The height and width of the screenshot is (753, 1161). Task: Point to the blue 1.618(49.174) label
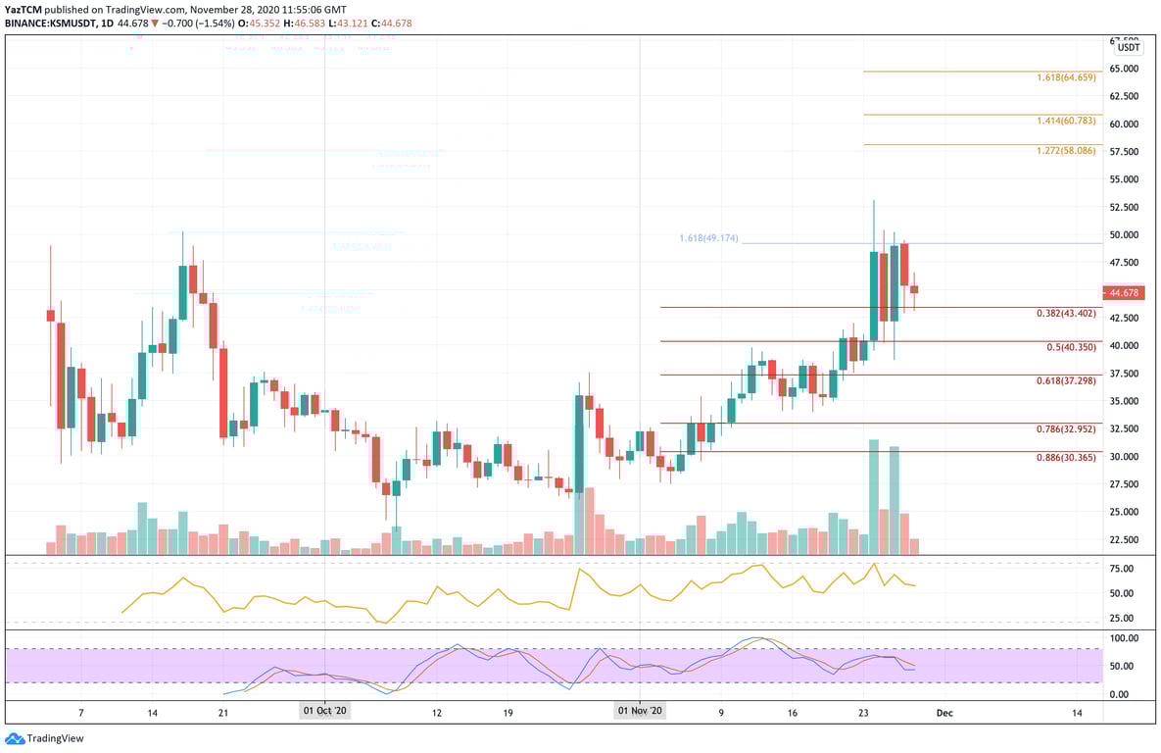click(709, 238)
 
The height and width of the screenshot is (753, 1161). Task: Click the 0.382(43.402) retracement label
click(1068, 314)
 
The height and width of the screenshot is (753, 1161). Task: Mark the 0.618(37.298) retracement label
click(1068, 380)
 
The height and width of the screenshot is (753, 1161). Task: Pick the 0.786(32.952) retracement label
click(1068, 428)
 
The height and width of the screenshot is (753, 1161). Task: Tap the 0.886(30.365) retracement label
click(1068, 457)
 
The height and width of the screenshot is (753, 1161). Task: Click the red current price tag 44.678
click(1124, 292)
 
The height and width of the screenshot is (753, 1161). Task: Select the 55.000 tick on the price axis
click(1124, 179)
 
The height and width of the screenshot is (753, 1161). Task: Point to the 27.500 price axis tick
click(1124, 484)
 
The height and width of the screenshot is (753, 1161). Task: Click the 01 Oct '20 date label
click(324, 711)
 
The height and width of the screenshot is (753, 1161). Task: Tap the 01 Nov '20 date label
click(641, 711)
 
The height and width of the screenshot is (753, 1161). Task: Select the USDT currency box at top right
click(1129, 47)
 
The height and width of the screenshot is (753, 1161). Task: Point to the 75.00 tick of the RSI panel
click(1122, 569)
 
